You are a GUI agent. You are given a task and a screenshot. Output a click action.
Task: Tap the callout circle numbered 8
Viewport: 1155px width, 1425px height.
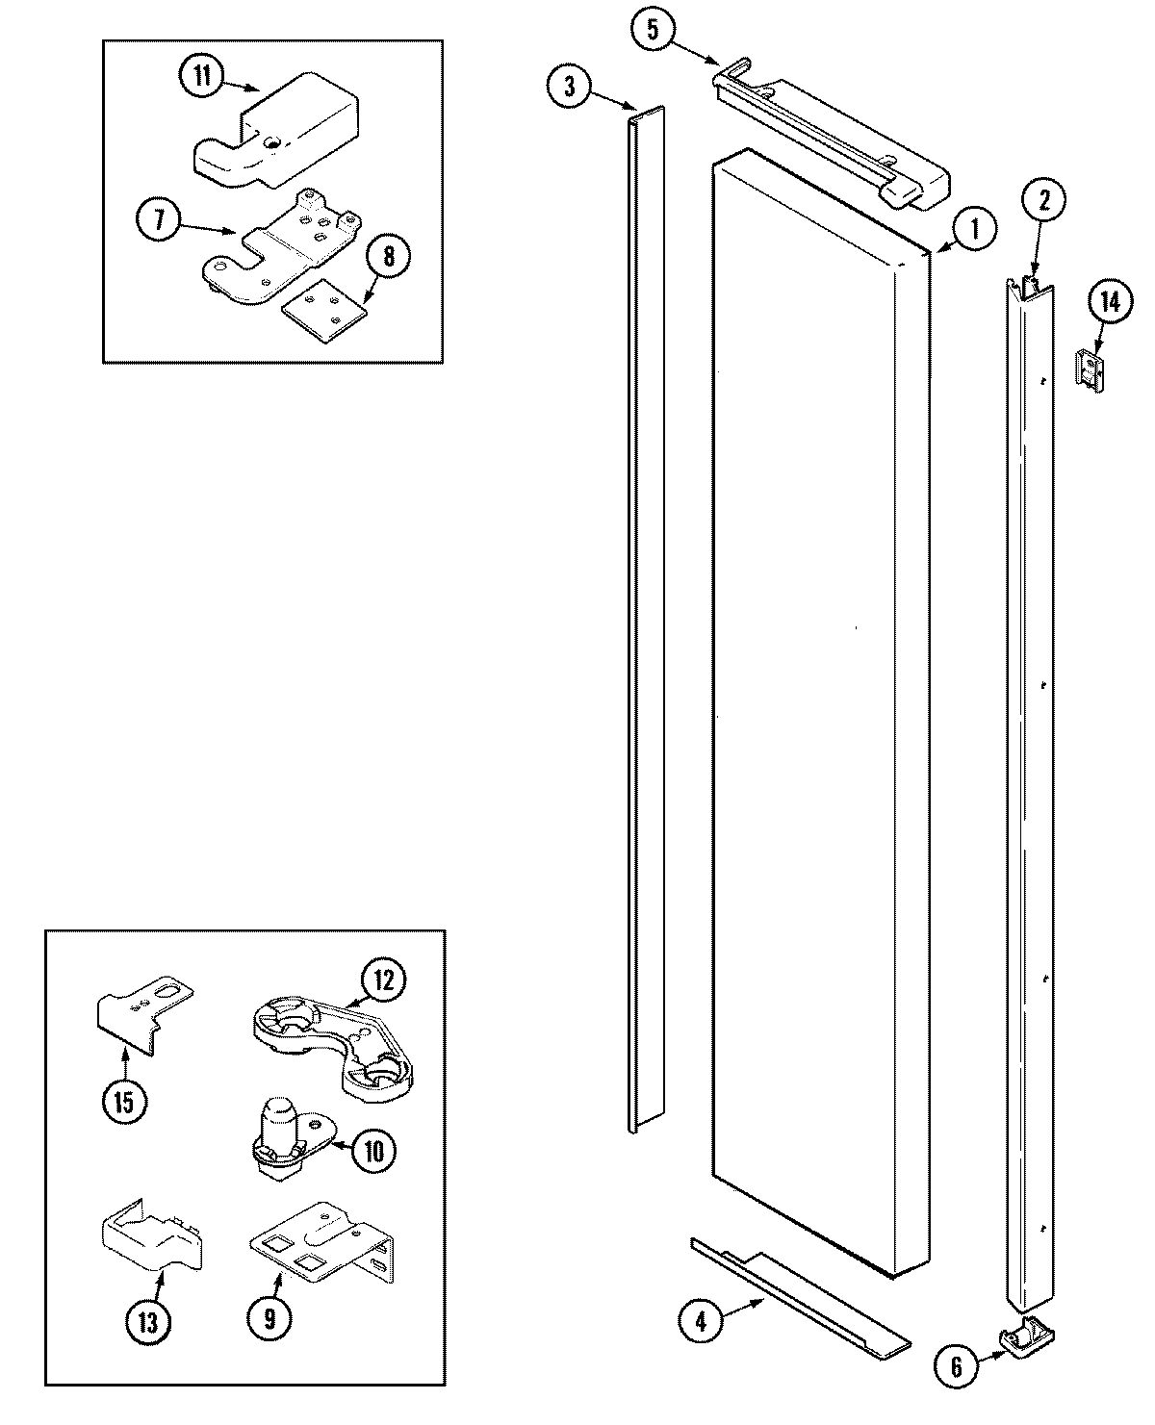pos(387,257)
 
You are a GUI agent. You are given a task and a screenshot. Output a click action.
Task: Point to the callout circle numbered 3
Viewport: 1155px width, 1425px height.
pos(570,87)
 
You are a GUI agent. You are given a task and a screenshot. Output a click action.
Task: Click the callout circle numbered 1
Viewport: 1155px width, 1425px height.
pos(974,230)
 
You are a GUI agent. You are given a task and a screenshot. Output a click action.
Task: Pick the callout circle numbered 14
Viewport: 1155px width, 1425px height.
pos(1110,303)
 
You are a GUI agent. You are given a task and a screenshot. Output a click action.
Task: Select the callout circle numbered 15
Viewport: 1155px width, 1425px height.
pos(125,1102)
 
